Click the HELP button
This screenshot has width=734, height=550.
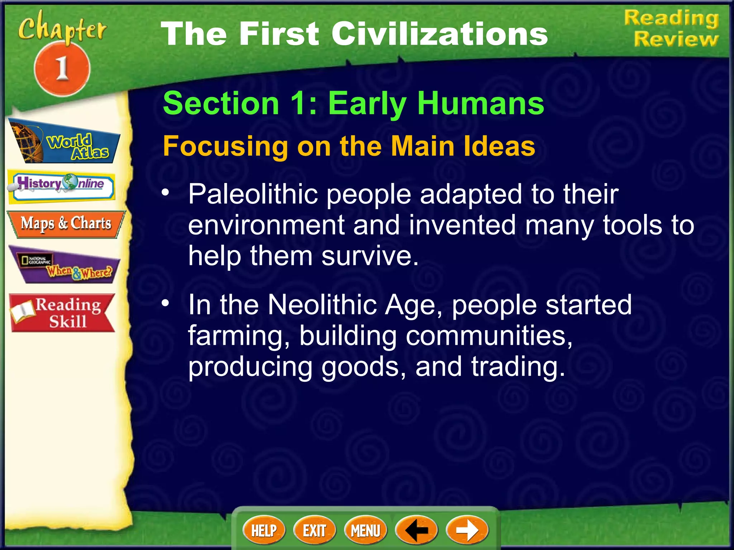264,530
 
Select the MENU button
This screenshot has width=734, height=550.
365,530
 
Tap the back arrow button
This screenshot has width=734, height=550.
416,530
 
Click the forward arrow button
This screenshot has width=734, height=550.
467,530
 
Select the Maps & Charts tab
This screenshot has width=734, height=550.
66,224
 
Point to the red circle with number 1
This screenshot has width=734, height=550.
62,68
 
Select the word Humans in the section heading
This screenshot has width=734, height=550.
481,103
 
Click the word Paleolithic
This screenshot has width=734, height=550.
253,194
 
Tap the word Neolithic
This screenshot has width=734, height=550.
322,305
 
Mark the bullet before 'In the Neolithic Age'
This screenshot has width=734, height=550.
165,303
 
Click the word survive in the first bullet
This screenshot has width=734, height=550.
370,256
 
